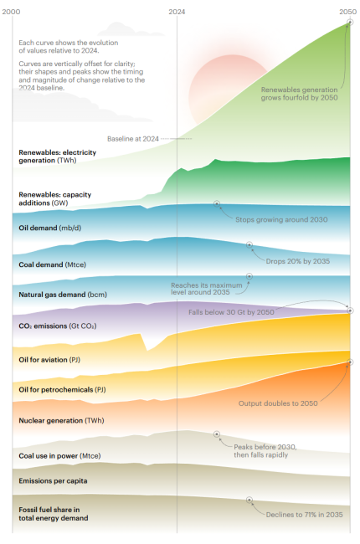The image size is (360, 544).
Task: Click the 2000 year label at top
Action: [13, 12]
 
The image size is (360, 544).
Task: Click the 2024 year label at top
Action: [177, 12]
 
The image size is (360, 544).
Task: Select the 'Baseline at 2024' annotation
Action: [132, 138]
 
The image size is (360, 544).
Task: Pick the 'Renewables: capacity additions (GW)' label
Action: [54, 198]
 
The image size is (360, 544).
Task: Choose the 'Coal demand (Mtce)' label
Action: [52, 264]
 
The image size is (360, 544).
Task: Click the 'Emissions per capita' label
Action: [53, 480]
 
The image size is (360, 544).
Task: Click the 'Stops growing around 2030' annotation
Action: [281, 219]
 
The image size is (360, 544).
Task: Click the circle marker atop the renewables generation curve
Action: [350, 25]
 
